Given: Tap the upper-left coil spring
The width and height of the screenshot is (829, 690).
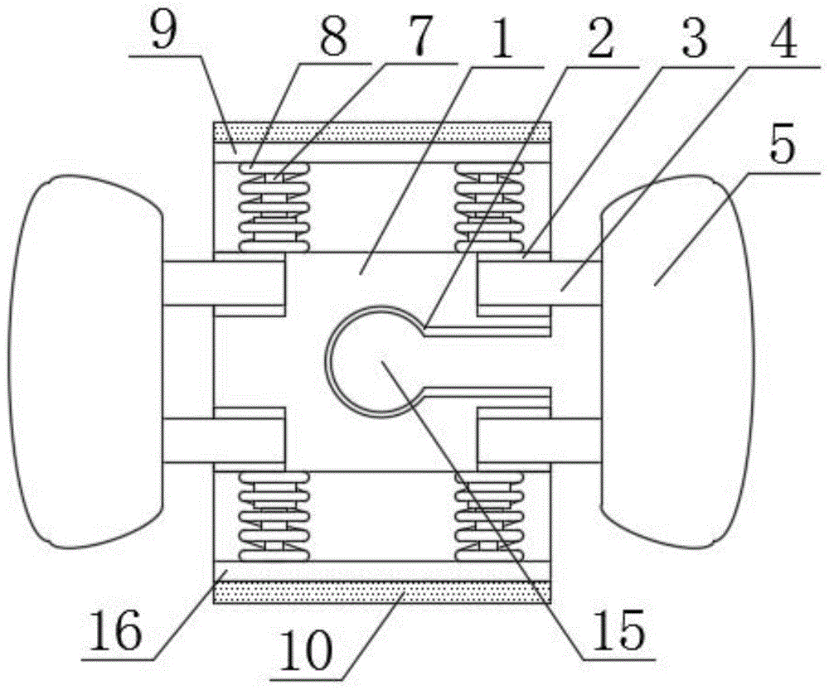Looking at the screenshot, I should click(x=276, y=207).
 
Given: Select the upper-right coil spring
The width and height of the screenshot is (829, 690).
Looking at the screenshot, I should click(x=489, y=207).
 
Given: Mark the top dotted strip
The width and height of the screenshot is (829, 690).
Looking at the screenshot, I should click(x=382, y=133).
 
